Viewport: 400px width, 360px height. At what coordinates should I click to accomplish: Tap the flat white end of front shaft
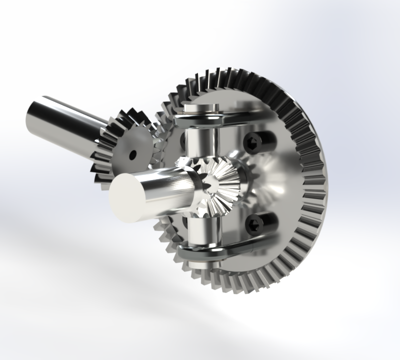click(x=126, y=197)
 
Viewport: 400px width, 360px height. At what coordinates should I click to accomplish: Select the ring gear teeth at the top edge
click(x=235, y=75)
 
